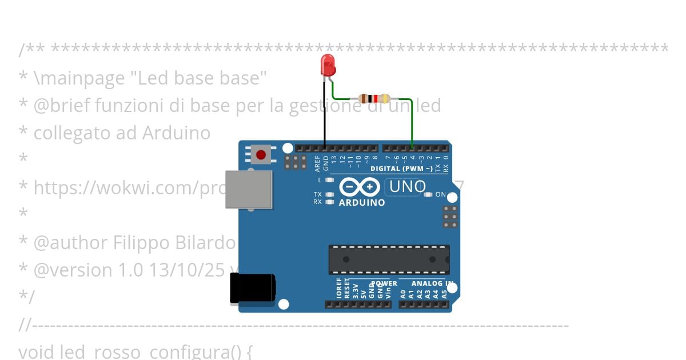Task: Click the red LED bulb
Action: pos(328,65)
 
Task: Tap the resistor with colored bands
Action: pos(374,98)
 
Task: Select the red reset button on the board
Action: pos(261,155)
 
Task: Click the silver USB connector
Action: pos(249,189)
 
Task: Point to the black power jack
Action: pos(252,289)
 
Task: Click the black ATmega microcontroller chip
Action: pos(389,259)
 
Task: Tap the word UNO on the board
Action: pos(407,186)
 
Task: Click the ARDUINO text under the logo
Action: pos(362,202)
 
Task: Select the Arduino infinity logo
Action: pos(359,187)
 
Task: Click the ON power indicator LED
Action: pos(428,194)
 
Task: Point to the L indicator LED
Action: pos(329,179)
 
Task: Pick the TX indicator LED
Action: pos(329,194)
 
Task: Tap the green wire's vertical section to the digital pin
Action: pos(412,123)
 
